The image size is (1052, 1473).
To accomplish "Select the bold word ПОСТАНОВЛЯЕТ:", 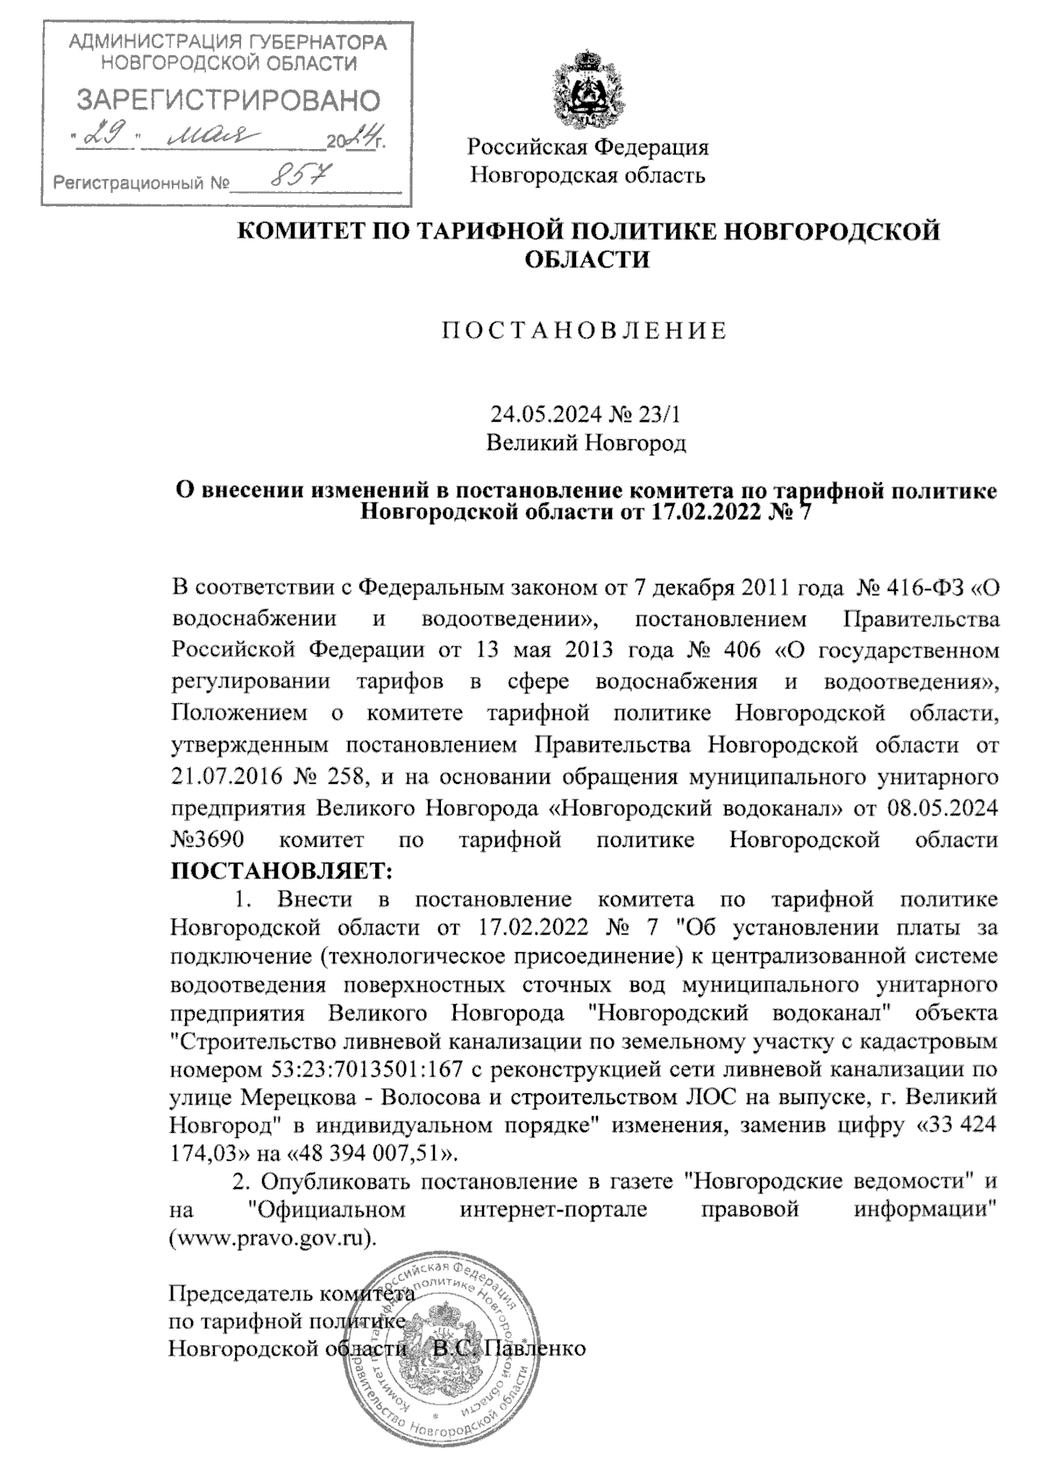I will point(281,871).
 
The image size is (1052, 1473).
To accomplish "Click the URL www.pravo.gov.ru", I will point(271,1240).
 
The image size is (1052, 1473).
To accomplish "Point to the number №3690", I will point(207,839).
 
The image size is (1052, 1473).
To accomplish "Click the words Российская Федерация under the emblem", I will point(587,146).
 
